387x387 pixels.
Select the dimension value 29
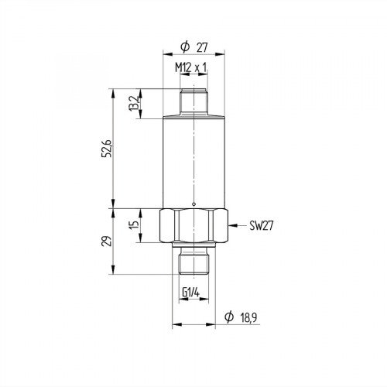click(108, 240)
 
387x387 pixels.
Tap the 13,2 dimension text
click(132, 102)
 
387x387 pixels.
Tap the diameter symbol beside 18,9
click(228, 317)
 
